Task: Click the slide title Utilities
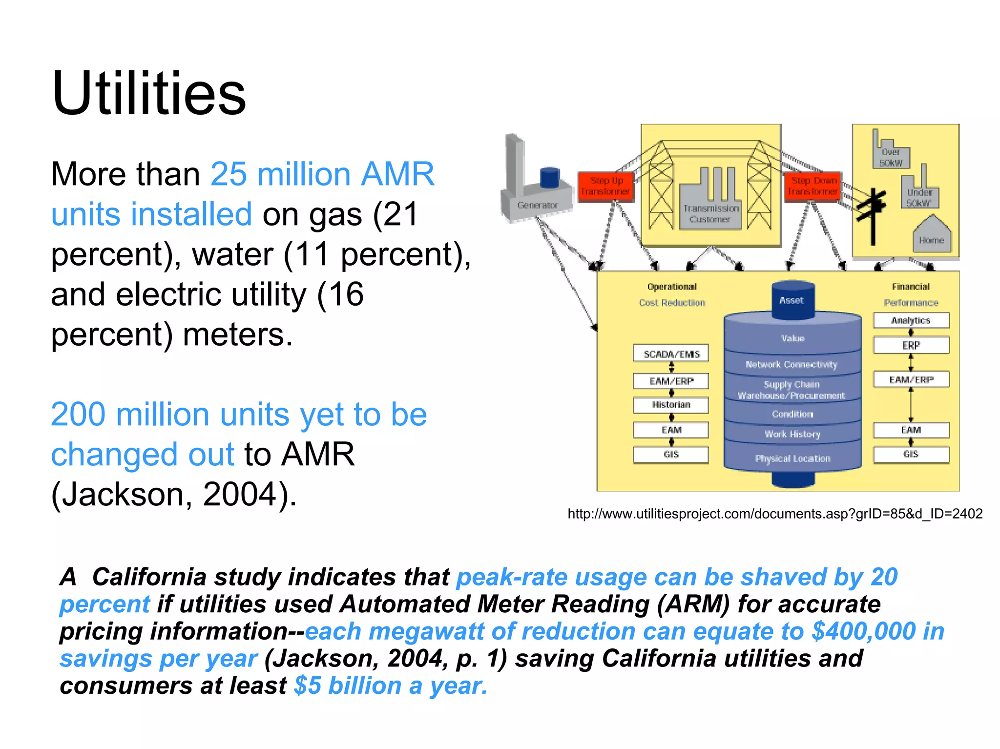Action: pos(149,94)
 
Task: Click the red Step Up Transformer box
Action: pos(605,186)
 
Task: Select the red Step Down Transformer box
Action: pos(813,186)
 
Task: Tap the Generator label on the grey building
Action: pos(537,205)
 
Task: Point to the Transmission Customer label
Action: pos(710,214)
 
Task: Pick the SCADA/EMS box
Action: pos(671,354)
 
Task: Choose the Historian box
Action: pos(671,405)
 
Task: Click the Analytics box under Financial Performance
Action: pos(911,320)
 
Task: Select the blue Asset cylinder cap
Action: pos(792,300)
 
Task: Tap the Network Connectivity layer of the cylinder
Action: pos(792,364)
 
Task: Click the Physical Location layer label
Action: pos(792,458)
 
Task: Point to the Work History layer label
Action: pos(792,434)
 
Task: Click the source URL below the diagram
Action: pos(775,514)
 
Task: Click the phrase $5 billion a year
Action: pos(391,686)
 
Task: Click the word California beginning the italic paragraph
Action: pos(149,577)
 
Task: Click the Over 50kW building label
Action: pos(891,157)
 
